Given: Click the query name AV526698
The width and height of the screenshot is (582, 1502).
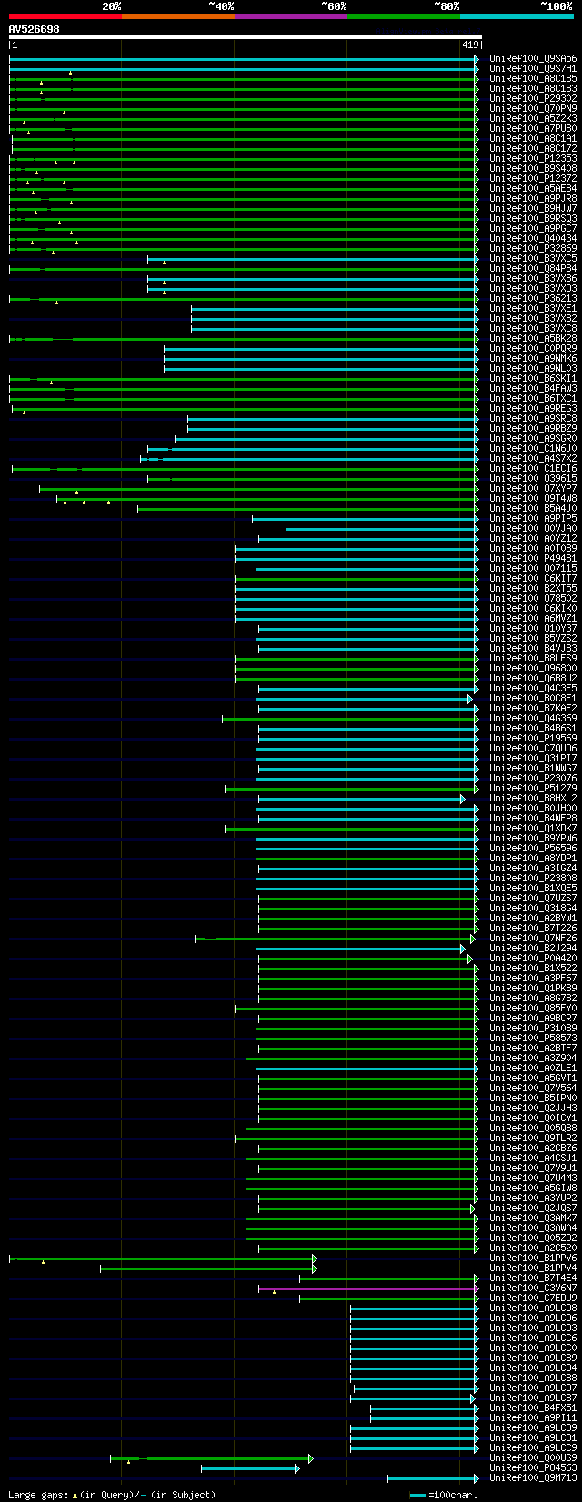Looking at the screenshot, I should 34,29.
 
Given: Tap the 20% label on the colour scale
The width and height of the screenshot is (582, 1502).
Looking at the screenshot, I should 111,6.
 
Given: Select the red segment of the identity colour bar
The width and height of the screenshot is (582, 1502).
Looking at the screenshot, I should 65,15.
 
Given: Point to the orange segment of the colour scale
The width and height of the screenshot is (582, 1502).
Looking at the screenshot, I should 177,15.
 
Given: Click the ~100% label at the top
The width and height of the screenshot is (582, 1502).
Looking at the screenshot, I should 556,6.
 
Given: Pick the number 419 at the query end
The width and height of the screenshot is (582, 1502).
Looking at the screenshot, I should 470,45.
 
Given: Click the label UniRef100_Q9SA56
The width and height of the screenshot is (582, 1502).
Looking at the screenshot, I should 532,59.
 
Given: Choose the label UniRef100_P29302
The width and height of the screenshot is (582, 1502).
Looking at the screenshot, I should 532,99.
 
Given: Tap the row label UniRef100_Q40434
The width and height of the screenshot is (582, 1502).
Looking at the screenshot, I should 532,239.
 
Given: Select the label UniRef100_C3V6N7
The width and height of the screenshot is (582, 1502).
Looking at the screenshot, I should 532,1288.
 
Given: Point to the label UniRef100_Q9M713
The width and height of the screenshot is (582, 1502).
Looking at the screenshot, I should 532,1477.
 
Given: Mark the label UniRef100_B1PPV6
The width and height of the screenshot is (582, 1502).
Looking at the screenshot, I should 532,1258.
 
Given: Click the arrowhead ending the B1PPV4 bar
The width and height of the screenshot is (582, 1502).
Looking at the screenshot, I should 314,1268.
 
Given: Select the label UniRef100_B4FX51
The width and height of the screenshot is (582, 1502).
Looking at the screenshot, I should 532,1408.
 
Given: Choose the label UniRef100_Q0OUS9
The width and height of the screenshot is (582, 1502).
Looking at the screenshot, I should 532,1457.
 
